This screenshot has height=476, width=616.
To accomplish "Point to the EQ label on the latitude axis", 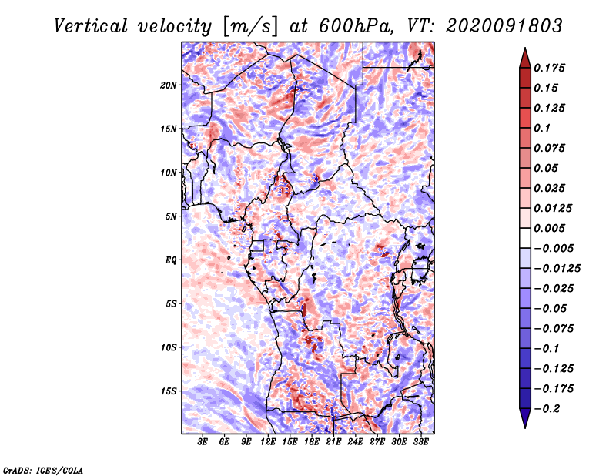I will [x=172, y=260].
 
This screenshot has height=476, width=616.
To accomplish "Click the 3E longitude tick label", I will [x=203, y=443].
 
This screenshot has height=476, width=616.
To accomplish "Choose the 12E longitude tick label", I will [x=269, y=443].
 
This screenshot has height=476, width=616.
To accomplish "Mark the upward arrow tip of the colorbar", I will [x=524, y=49].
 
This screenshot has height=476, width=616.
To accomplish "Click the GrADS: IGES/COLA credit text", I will [x=42, y=469].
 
